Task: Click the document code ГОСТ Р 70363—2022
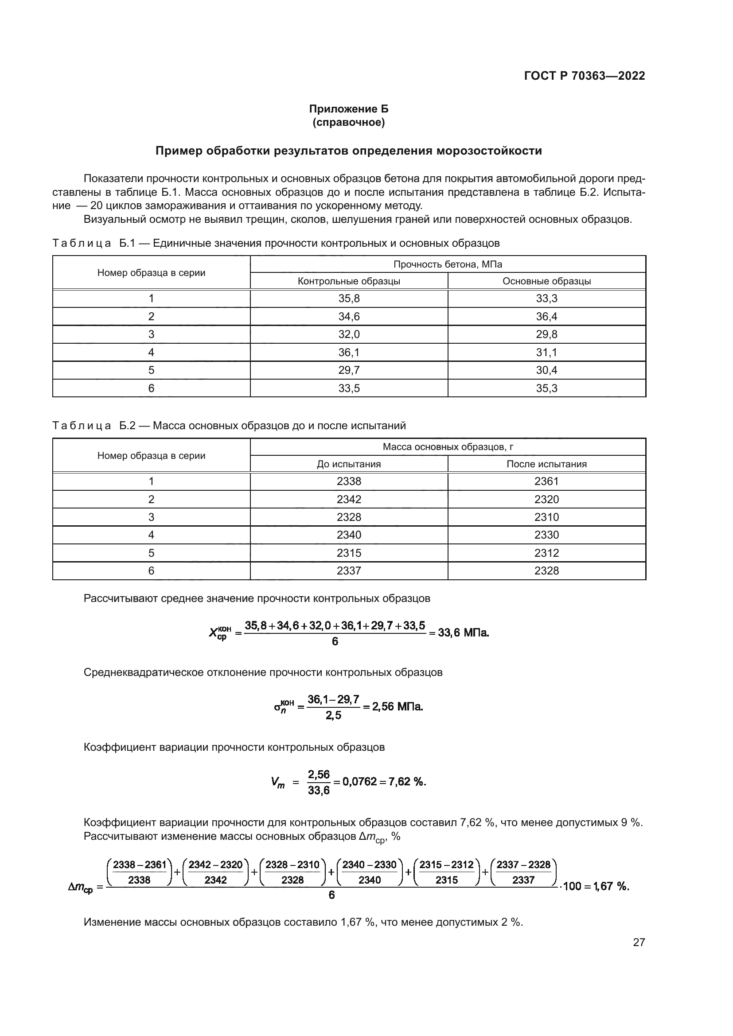pos(585,76)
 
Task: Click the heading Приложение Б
pos(348,109)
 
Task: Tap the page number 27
pos(639,942)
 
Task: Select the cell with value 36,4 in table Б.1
pos(546,316)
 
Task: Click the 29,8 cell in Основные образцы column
pos(546,334)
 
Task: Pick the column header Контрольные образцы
pos(349,281)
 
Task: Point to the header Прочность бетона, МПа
pos(448,264)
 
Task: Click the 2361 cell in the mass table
pos(546,481)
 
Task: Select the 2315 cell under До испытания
pos(349,553)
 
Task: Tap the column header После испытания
pos(546,464)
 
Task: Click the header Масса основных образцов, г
pos(448,447)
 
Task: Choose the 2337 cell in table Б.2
pos(349,571)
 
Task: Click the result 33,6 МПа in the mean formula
pos(463,632)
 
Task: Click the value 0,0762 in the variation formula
pos(359,781)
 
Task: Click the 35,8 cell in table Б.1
pos(349,298)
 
